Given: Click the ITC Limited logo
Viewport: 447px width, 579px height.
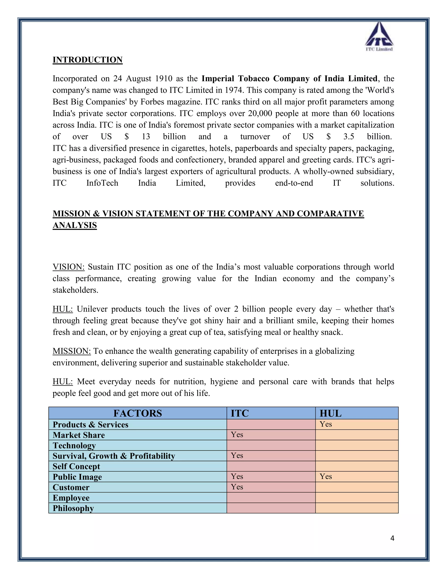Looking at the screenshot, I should click(379, 36).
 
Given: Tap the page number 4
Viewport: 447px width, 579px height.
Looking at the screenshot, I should click(392, 538).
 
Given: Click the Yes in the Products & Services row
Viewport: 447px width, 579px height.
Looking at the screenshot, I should click(325, 424).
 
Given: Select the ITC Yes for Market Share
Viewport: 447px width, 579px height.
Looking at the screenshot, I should click(237, 435).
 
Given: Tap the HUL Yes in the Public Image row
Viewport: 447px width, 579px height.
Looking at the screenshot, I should click(325, 476).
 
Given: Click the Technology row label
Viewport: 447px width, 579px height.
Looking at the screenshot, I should click(74, 445).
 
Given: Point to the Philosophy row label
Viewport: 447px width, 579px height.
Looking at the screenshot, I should click(73, 508).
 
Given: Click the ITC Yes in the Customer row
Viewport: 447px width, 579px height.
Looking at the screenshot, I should click(237, 487).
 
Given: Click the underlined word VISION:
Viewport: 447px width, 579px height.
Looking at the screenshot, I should click(68, 267).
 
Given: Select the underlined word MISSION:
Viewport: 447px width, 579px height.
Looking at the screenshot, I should click(72, 351).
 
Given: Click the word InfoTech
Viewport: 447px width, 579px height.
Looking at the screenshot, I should click(102, 183).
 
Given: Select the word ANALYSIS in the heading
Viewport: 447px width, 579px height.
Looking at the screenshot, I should click(75, 225).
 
